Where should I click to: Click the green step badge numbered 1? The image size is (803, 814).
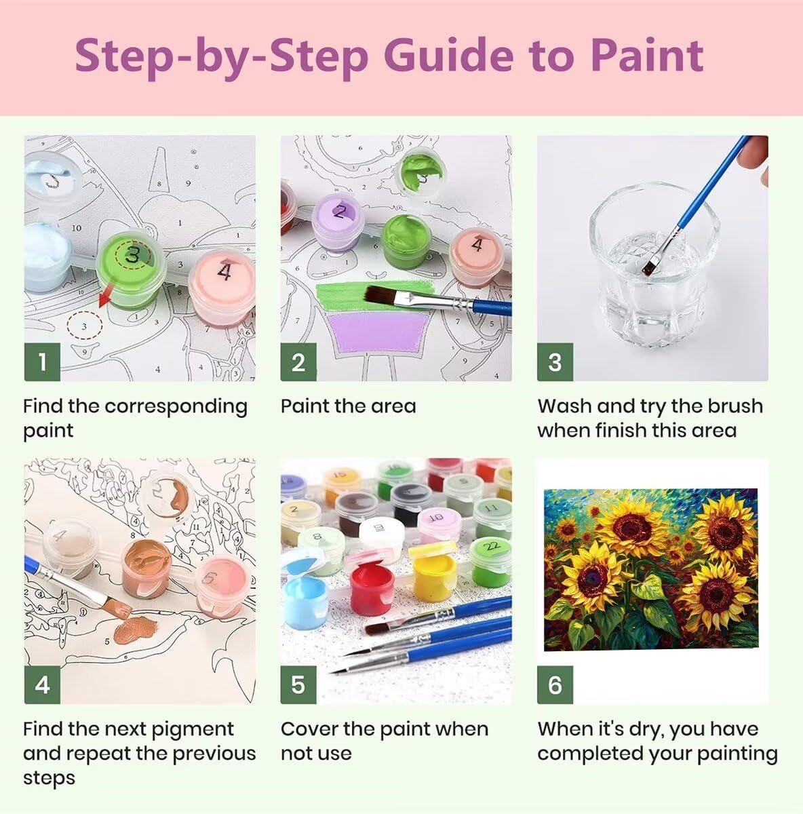(x=42, y=362)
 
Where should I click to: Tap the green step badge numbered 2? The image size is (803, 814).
(x=298, y=362)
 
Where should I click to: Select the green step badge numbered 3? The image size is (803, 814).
(x=555, y=362)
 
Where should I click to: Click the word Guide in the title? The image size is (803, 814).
(x=448, y=56)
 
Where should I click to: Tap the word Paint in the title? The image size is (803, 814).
(x=646, y=55)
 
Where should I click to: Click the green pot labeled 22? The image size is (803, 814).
(x=491, y=562)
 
